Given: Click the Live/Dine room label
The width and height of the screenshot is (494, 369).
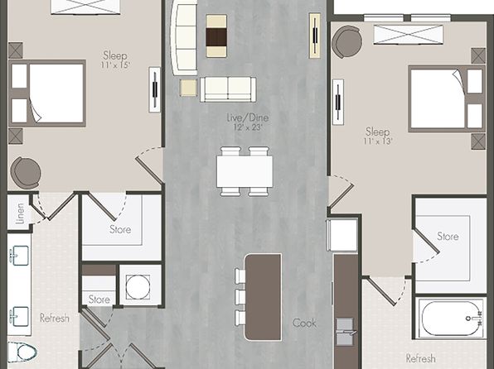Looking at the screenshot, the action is tap(248, 117).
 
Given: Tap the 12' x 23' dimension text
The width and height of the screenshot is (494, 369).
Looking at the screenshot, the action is tap(248, 127).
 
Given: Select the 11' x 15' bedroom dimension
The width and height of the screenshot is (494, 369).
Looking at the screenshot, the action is tap(115, 65).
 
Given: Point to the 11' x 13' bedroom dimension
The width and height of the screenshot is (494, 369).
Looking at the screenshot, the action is tap(377, 141).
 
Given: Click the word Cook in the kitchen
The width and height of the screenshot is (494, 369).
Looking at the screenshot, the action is tap(304, 323).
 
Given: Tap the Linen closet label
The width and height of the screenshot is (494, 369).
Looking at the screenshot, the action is tap(20, 213).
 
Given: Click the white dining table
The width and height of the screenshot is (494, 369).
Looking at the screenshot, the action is tap(245, 172).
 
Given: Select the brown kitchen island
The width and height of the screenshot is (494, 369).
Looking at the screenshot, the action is tap(263, 297).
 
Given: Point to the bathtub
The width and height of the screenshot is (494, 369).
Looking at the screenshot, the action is tap(451, 318).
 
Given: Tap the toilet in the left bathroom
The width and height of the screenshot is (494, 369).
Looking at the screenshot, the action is tap(22, 352).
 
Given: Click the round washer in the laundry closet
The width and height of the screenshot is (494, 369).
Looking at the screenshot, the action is tap(138, 286).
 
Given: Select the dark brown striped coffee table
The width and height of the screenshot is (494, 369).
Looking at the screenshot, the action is tap(216, 36).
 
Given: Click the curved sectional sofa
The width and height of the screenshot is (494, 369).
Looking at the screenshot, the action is tap(184, 38).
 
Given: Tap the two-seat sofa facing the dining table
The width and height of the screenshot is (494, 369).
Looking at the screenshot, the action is tap(228, 89).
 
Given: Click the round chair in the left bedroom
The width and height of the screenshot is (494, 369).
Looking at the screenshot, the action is tap(26, 173).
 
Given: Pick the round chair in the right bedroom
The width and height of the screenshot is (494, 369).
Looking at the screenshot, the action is tap(346, 42).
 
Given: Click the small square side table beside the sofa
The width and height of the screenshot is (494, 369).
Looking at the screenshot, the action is tap(189, 88).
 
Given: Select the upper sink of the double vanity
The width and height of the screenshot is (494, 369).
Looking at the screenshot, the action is tap(19, 255).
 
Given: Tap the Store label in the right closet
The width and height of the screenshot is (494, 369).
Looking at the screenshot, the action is tap(448, 237).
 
